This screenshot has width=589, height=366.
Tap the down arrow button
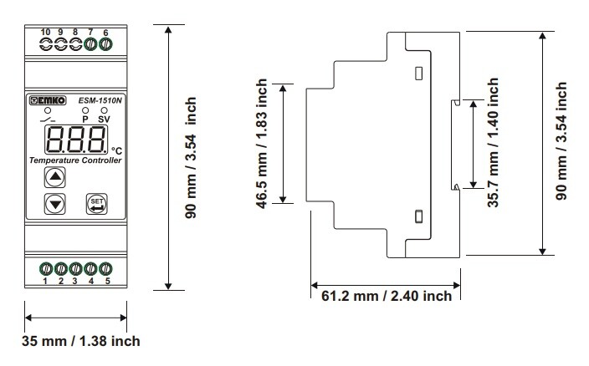pos(55,202)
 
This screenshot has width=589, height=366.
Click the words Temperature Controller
pos(75,159)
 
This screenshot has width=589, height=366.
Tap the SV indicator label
pos(104,119)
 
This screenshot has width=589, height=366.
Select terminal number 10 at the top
pos(45,32)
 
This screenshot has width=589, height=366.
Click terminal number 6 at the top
pos(105,32)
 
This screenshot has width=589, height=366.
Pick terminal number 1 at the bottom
pos(46,281)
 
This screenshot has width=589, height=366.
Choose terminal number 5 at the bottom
pos(106,281)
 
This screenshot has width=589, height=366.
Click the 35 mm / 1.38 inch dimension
pos(80,341)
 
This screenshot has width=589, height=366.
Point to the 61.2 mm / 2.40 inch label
pos(387,296)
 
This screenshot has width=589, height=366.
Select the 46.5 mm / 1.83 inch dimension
pos(263,142)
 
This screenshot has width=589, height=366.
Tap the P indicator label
pos(85,119)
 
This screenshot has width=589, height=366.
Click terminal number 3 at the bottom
pos(76,281)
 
